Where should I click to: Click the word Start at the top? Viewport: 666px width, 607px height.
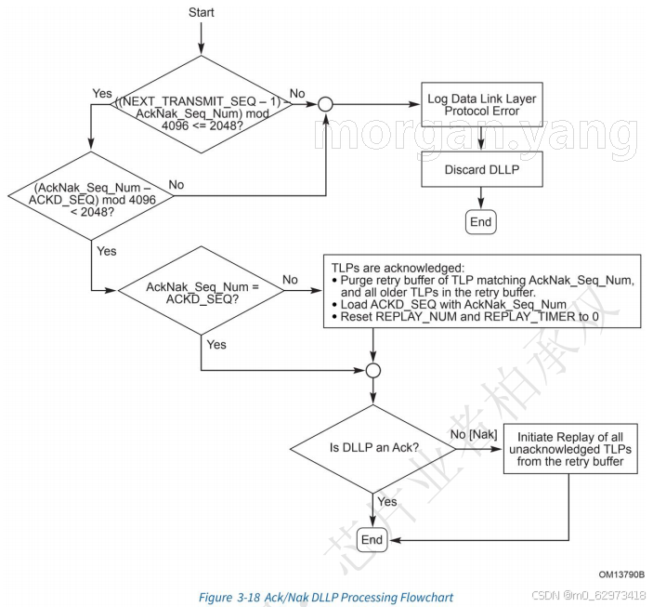[x=202, y=12]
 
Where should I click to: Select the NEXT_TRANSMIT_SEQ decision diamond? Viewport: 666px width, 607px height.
[x=202, y=103]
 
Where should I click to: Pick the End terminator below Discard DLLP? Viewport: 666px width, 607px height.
[x=480, y=222]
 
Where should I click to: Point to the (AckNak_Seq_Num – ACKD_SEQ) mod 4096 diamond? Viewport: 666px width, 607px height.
[x=91, y=195]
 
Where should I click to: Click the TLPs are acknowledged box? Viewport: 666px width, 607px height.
[x=481, y=289]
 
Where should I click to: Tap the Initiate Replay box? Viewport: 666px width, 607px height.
[x=570, y=447]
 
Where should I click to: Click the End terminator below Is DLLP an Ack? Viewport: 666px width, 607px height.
[x=372, y=540]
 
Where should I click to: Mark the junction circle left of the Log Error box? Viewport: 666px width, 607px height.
[x=325, y=104]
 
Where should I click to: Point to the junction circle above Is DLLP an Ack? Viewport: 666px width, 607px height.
[x=372, y=370]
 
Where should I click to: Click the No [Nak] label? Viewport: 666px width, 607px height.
[x=475, y=433]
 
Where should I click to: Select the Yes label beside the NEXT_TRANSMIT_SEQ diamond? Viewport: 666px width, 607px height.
[x=103, y=94]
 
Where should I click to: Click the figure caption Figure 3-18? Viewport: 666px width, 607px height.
[x=326, y=597]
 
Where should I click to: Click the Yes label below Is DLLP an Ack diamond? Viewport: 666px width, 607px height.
[x=387, y=502]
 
